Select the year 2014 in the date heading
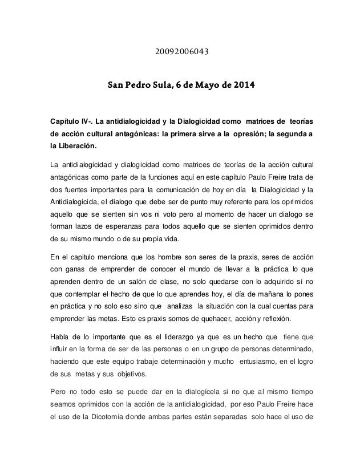[x=244, y=87]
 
